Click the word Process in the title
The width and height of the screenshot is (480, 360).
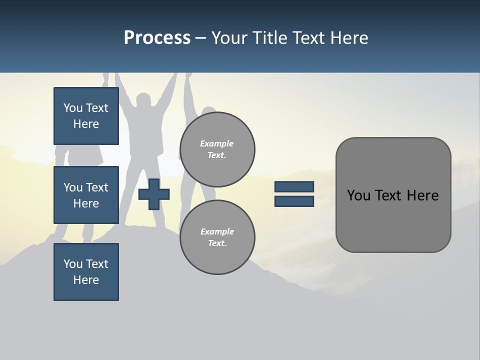[x=157, y=38]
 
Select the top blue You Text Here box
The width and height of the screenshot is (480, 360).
[x=86, y=116]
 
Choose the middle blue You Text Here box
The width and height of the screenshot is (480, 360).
[x=86, y=195]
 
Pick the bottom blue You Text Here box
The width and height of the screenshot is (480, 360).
[x=86, y=272]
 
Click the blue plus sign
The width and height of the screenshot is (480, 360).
[x=154, y=194]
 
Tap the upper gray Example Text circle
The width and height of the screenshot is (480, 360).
[x=217, y=149]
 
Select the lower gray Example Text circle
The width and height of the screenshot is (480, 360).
[x=217, y=237]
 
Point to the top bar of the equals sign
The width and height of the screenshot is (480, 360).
[x=294, y=186]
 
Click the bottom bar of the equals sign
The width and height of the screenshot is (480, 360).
[x=294, y=201]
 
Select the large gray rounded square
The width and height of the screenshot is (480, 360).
[x=393, y=195]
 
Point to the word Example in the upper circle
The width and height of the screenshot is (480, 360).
[x=217, y=143]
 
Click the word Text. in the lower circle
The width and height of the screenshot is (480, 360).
[x=217, y=243]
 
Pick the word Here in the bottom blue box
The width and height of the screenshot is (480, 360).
[x=86, y=280]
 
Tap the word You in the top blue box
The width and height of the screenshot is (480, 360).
[x=73, y=108]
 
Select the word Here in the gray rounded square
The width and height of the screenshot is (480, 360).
[x=422, y=195]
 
